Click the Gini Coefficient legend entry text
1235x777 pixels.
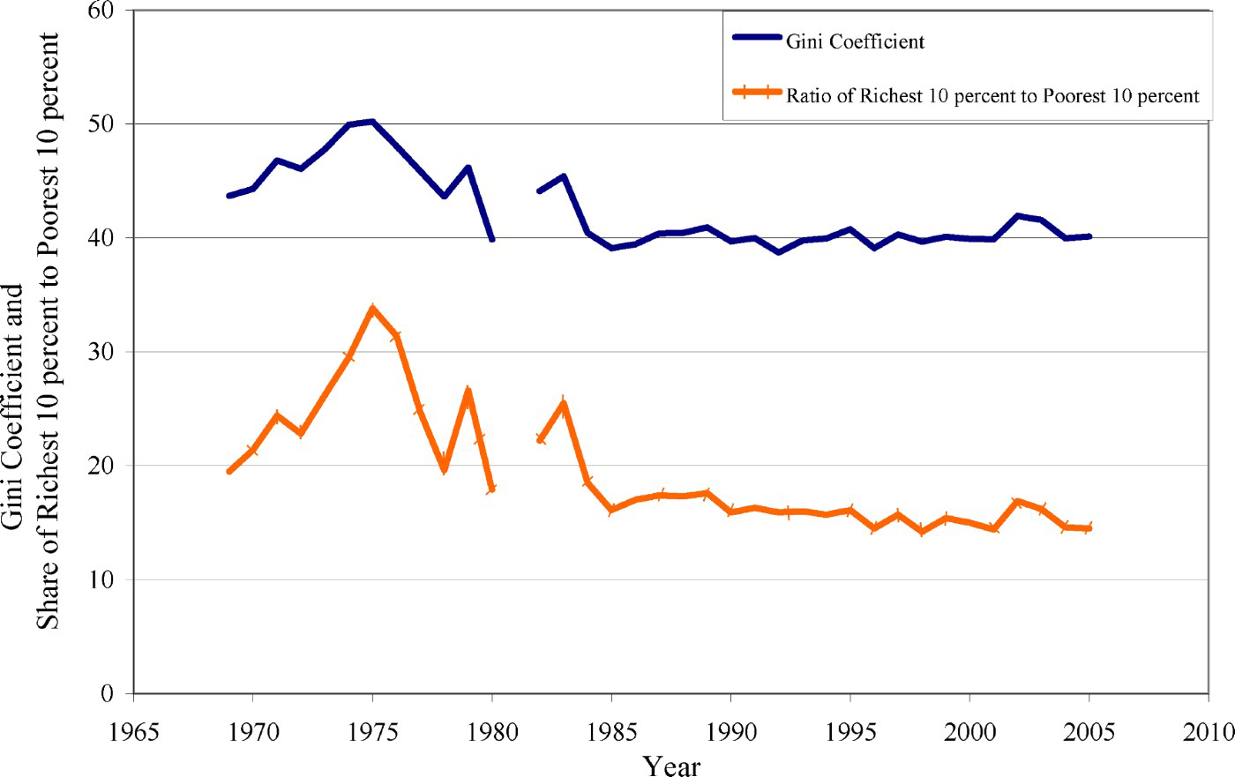(855, 41)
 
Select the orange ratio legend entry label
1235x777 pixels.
(992, 95)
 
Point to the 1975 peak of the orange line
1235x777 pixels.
(372, 310)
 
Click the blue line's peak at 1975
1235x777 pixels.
(372, 122)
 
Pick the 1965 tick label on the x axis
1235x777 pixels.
(133, 731)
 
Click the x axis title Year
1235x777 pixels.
(671, 765)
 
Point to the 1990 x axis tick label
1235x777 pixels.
(730, 731)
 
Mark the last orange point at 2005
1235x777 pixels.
(1089, 527)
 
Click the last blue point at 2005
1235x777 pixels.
(1089, 236)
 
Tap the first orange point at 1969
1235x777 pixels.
(229, 471)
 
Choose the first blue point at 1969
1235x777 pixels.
(229, 196)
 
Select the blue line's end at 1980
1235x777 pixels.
(491, 239)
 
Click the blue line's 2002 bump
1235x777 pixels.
(1018, 215)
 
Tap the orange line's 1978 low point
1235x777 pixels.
(444, 468)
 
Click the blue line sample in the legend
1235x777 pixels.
(757, 38)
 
